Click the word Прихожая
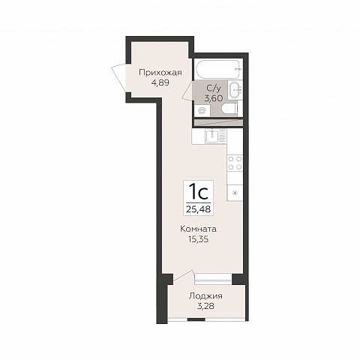(160, 73)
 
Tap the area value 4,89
(160, 82)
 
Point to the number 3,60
(214, 98)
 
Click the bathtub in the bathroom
(219, 69)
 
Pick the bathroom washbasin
(235, 88)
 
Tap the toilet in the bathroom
(229, 109)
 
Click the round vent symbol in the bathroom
(201, 110)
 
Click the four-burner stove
(235, 163)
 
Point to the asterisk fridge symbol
(235, 193)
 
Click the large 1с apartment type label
(199, 192)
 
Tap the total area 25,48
(199, 209)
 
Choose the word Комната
(198, 229)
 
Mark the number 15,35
(199, 239)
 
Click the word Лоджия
(205, 296)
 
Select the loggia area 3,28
(205, 306)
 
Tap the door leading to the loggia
(184, 277)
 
